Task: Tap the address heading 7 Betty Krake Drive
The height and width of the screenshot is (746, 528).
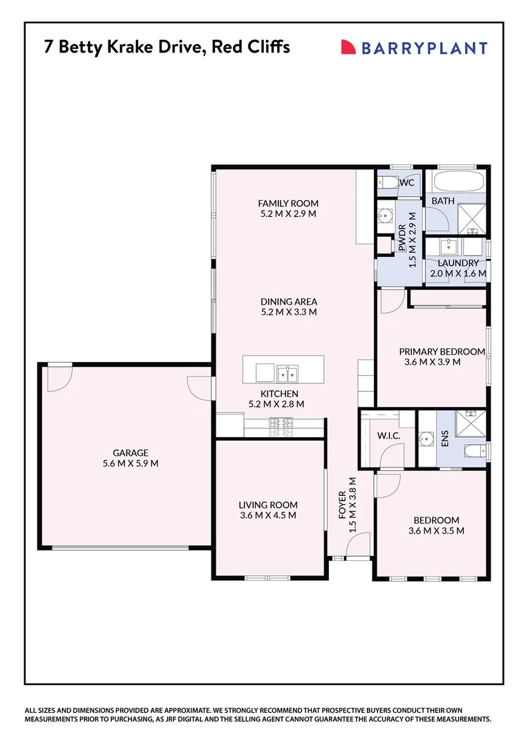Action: (x=166, y=47)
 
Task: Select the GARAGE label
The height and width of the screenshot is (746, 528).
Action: (x=130, y=453)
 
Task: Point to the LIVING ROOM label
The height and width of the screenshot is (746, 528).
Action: (x=267, y=505)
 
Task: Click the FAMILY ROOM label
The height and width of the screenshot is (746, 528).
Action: (x=287, y=203)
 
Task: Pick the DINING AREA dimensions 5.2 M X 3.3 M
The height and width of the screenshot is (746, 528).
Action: (x=288, y=312)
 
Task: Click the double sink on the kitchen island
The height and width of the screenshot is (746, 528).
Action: (x=287, y=374)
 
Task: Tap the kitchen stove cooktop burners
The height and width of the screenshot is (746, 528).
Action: (x=283, y=427)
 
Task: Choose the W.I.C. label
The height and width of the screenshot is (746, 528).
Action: (x=388, y=437)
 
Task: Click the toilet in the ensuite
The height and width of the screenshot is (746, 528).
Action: (x=474, y=452)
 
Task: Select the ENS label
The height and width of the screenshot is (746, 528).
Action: (x=445, y=439)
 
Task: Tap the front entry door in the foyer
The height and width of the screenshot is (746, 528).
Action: (x=358, y=548)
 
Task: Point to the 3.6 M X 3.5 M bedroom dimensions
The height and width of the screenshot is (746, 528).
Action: (x=435, y=531)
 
